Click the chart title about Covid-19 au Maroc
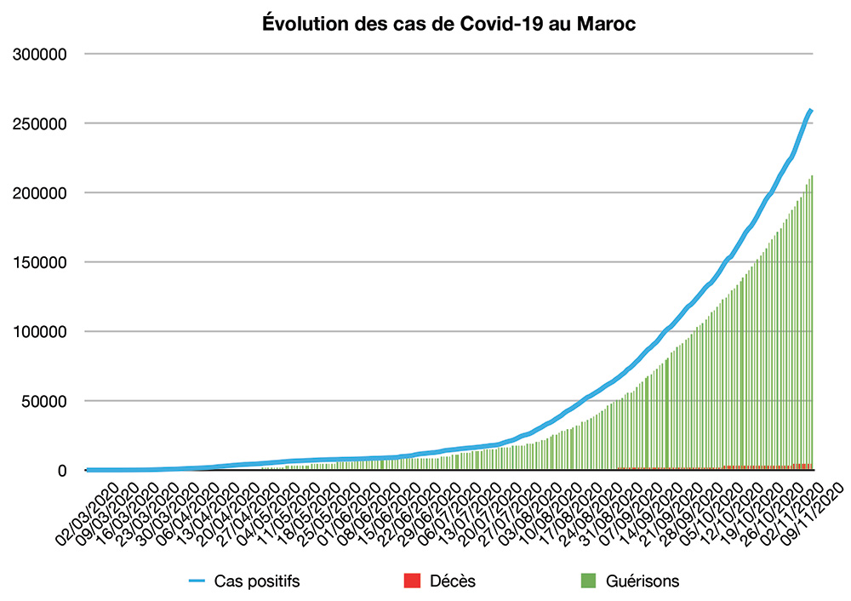448,25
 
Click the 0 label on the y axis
62,471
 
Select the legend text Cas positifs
257,581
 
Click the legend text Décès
453,581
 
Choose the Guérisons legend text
643,581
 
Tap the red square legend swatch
411,581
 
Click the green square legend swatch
587,581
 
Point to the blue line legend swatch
197,581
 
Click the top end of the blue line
811,110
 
